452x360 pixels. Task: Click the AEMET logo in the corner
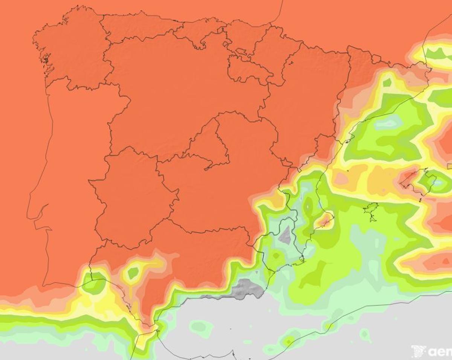point(431,351)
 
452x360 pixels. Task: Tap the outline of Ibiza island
point(371,209)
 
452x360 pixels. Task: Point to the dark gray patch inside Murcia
point(286,236)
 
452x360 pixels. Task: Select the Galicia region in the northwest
point(72,49)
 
